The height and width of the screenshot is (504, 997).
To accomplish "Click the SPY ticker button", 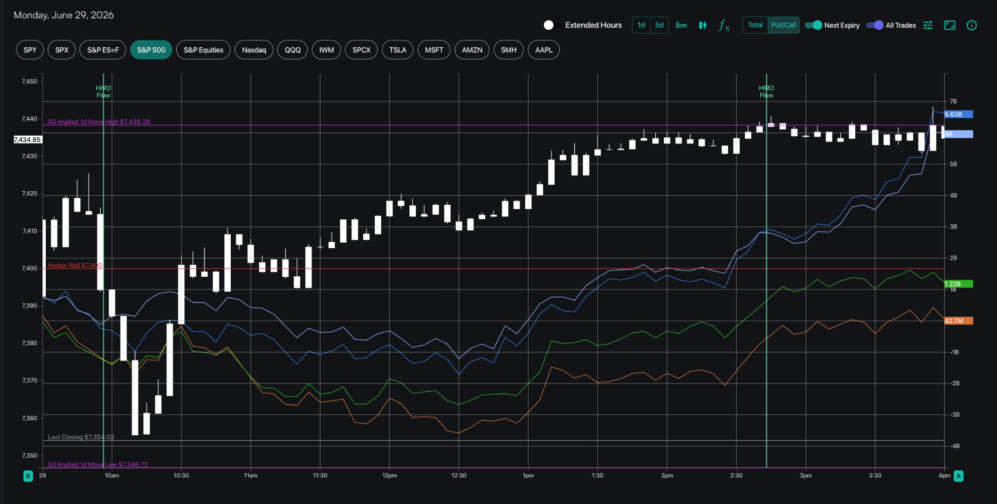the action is point(30,50).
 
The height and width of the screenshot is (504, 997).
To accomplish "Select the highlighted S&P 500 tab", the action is point(151,50).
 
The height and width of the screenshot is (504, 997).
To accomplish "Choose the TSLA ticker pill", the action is point(397,50).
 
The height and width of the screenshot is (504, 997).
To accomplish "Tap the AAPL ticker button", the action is point(544,50).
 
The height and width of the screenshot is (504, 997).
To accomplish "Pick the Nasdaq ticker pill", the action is point(254,50).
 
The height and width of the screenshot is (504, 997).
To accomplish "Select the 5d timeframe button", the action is point(659,25).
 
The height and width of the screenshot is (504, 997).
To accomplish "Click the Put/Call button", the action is point(783,25).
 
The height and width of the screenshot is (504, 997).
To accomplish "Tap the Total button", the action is point(755,25).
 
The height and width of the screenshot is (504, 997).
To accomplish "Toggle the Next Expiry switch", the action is point(813,25).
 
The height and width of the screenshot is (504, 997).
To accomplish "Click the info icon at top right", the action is point(971,25).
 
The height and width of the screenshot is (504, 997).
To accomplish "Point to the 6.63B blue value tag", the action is point(958,114).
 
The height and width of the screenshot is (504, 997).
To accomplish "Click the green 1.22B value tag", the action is point(958,284).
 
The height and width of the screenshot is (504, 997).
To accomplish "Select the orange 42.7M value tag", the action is point(958,321).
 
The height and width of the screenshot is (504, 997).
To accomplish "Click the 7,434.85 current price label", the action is point(28,140).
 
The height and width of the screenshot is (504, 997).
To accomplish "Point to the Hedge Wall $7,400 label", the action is point(75,265).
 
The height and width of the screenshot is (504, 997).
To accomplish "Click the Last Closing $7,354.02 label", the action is point(81,437).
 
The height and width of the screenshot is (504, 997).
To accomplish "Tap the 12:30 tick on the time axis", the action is point(459,475).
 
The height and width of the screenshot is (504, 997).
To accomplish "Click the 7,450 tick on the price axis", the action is point(29,81).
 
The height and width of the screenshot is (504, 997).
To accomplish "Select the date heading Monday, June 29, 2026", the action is point(64,15).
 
